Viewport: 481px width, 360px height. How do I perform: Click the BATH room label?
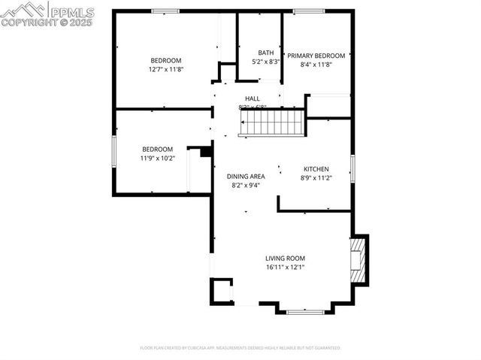(266, 53)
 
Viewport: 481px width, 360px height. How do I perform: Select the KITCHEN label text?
(316, 168)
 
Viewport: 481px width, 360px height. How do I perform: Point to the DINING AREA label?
(246, 176)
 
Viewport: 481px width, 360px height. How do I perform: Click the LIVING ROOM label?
(285, 258)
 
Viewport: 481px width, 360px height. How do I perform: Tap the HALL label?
(253, 98)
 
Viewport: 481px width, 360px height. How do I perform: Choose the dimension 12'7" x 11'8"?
(166, 69)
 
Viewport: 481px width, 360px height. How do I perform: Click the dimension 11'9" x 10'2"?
(158, 158)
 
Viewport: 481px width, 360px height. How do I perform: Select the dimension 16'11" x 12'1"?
(285, 267)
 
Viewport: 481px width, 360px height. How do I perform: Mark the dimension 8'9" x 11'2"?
(316, 177)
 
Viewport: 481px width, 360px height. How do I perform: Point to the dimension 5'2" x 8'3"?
(266, 62)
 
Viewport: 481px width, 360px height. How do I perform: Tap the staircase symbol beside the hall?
(271, 123)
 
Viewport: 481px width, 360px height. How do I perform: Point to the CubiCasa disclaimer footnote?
(240, 348)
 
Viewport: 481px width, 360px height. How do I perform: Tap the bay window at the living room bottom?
(305, 310)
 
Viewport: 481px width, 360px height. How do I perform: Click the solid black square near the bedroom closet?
(205, 151)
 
